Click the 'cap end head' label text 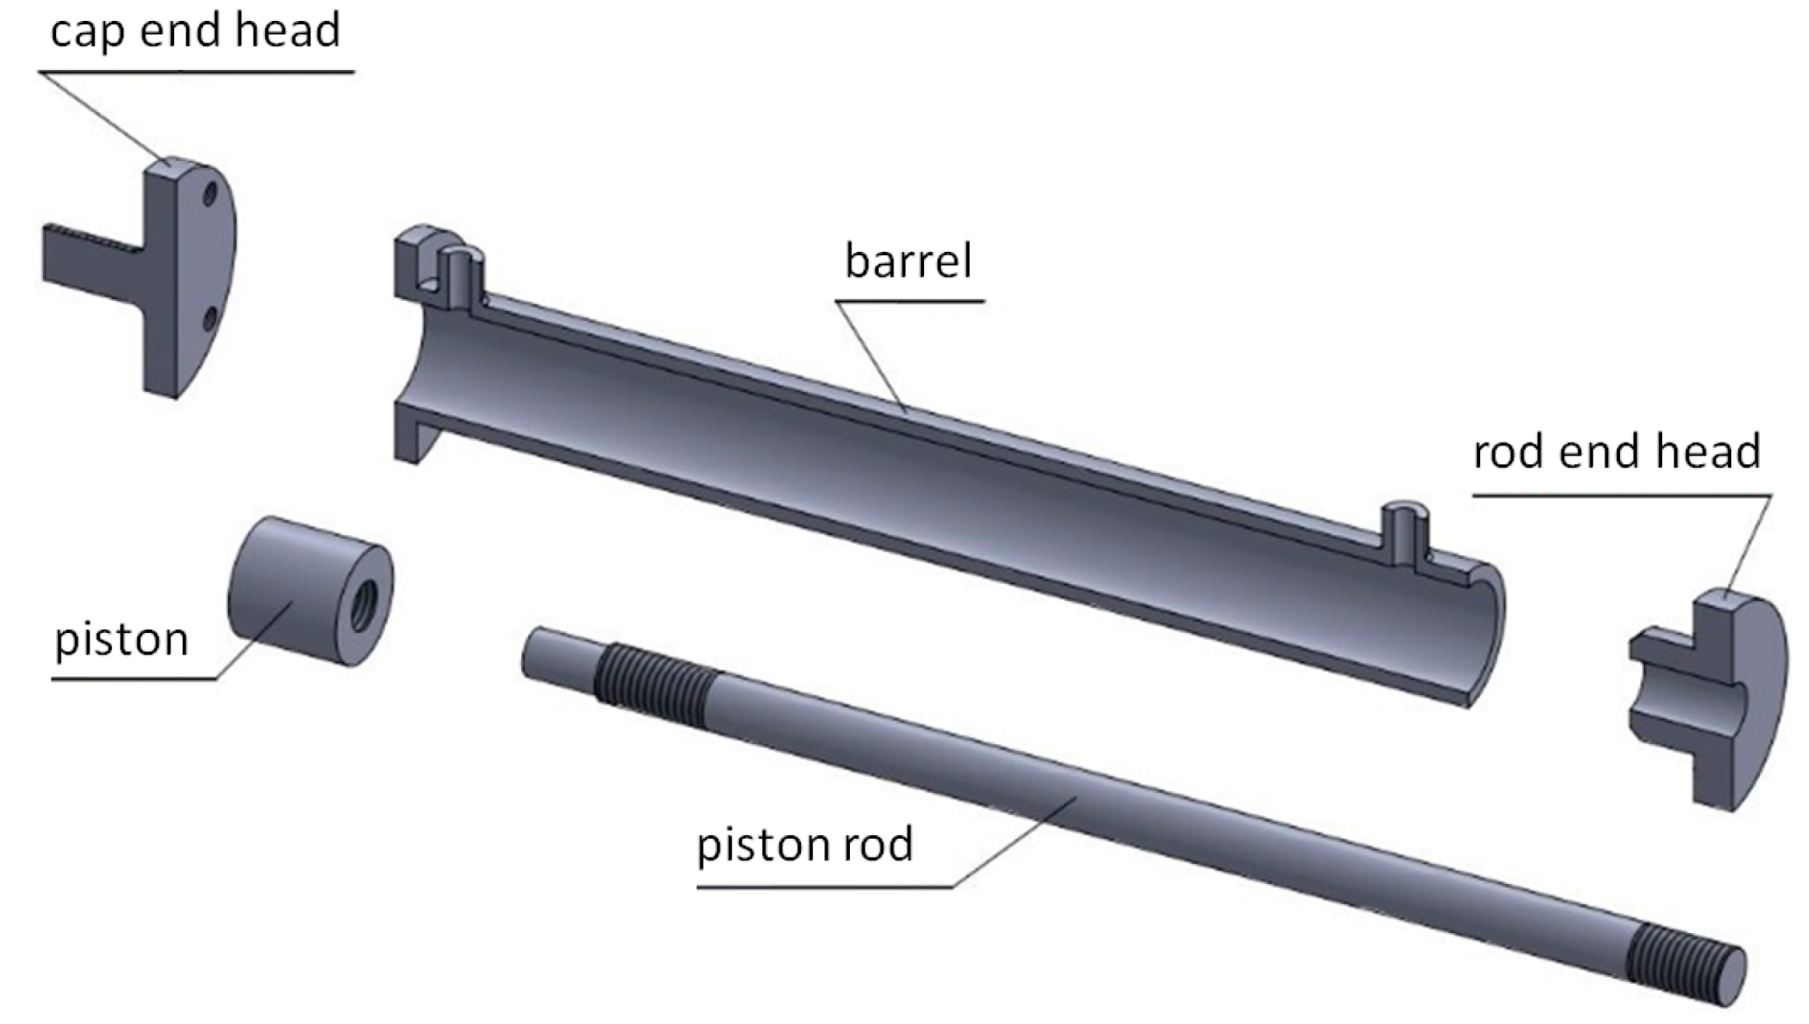(x=195, y=32)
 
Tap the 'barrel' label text (x=908, y=261)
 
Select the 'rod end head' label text (x=1617, y=452)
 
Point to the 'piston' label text (x=122, y=639)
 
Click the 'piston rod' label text (x=804, y=845)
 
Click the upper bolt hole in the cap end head (x=209, y=194)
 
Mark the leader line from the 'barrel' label (x=870, y=354)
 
